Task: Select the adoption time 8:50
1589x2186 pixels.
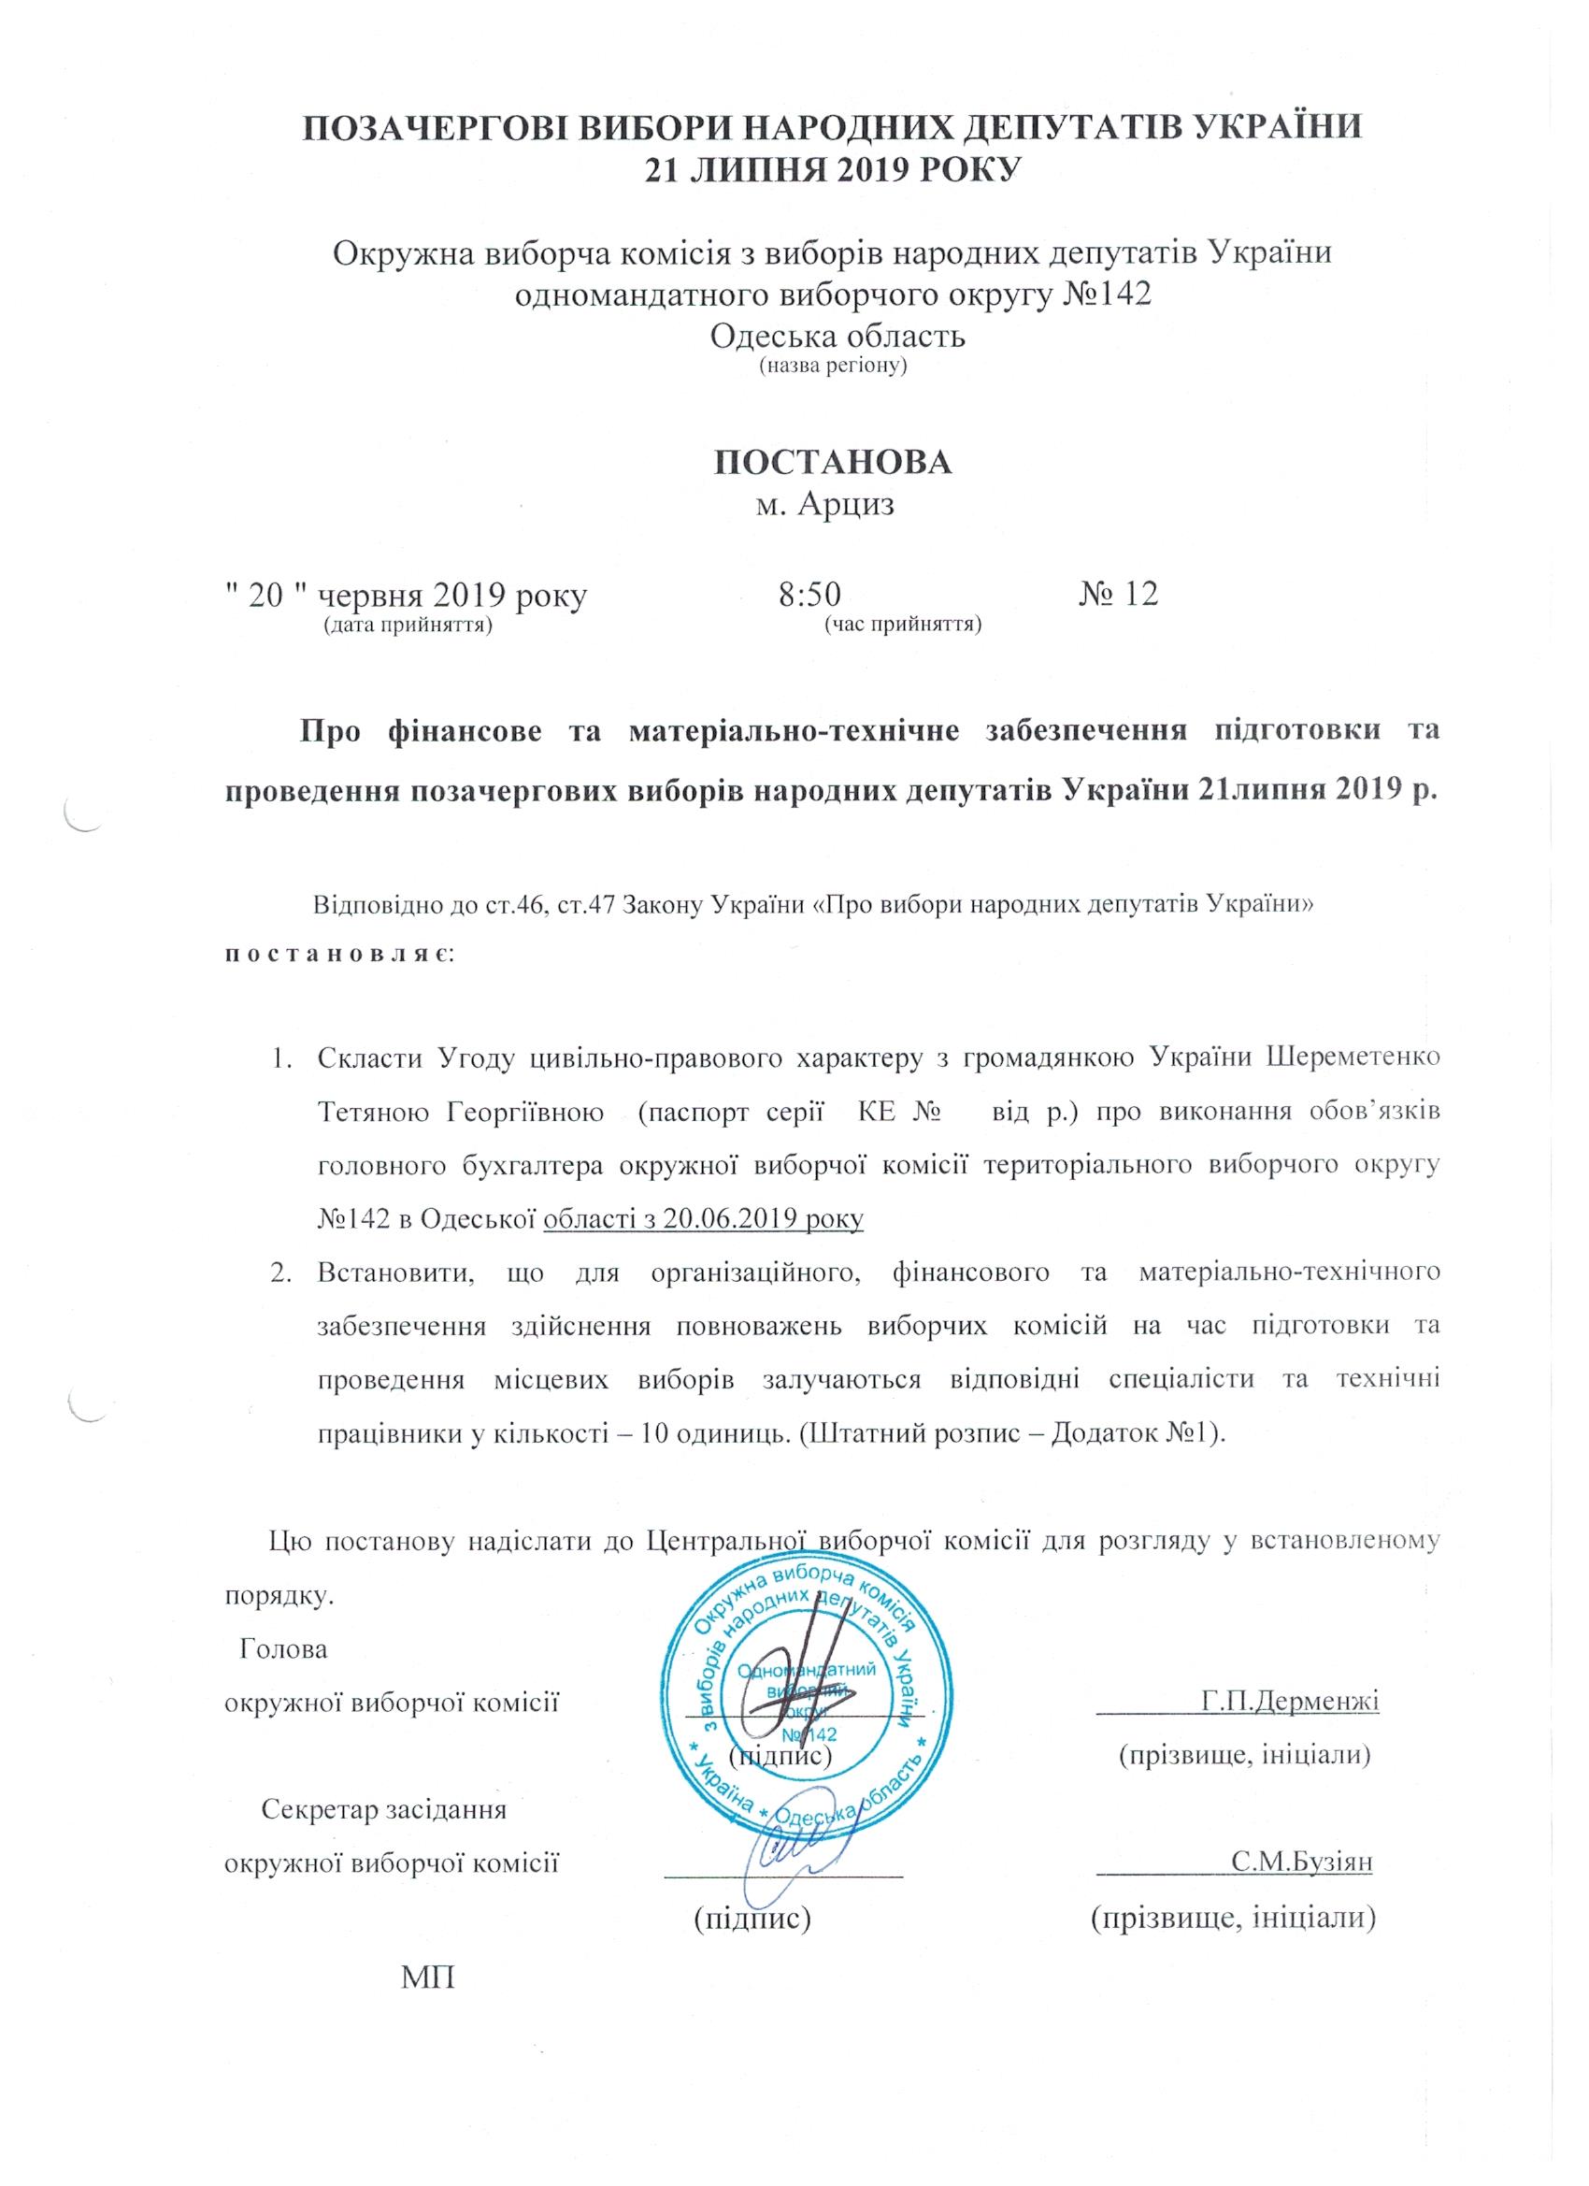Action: pos(809,593)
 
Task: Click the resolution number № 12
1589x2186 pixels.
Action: pos(1118,593)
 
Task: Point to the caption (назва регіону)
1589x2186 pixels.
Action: pos(835,367)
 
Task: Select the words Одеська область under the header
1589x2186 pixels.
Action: pos(837,337)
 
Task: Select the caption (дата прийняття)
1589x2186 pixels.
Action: pos(408,626)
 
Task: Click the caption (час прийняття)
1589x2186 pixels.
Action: pos(903,626)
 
